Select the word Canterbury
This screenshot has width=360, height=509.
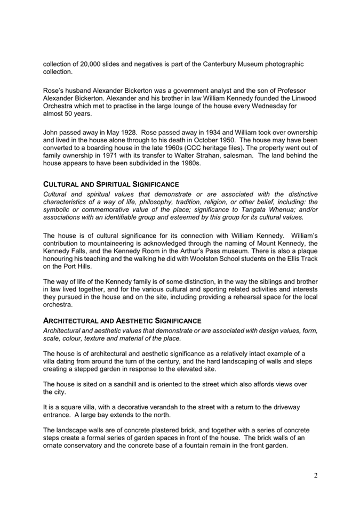[x=221, y=64]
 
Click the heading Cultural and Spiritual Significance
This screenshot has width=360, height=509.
[x=111, y=184]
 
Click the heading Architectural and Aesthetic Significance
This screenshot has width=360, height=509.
[x=122, y=321]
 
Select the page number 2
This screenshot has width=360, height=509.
[x=315, y=475]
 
